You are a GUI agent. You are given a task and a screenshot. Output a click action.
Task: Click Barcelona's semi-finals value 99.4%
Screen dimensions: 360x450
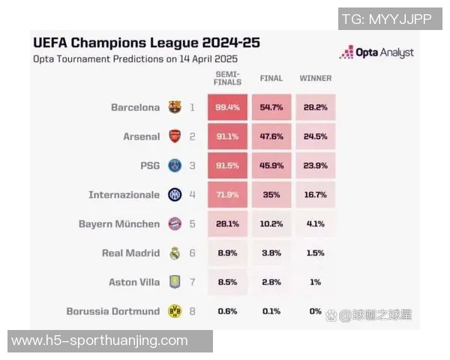(x=227, y=107)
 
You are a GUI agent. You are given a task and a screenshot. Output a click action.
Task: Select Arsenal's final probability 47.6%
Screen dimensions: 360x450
(x=271, y=136)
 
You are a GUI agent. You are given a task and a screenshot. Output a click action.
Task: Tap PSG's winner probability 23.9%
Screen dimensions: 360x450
(x=315, y=166)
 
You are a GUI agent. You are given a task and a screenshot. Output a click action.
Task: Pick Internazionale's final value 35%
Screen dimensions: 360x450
(x=271, y=195)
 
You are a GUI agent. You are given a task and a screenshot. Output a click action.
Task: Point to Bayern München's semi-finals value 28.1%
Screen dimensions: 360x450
(x=227, y=223)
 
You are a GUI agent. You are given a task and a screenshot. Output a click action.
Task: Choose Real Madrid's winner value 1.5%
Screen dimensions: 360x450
(x=315, y=253)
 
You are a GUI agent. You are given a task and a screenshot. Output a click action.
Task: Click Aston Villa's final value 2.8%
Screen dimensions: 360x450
(x=271, y=282)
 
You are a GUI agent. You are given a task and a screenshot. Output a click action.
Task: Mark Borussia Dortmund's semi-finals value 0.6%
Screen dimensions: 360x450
(x=227, y=311)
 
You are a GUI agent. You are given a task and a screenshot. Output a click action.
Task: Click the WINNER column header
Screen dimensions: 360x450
(x=315, y=78)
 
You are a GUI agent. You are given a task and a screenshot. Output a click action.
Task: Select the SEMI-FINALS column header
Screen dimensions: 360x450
(x=227, y=78)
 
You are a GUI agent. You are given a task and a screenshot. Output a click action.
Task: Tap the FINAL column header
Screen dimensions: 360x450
(x=271, y=78)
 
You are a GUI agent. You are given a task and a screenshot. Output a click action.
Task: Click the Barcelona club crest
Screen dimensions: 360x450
(x=175, y=107)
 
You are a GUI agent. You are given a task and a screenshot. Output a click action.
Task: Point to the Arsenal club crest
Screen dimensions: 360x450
(x=175, y=136)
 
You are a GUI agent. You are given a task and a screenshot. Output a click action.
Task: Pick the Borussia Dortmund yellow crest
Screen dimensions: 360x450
(x=175, y=311)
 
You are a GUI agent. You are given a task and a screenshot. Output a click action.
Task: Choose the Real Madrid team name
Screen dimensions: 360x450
(x=130, y=253)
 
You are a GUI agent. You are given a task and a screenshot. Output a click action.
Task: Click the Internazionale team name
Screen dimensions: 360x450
(x=124, y=195)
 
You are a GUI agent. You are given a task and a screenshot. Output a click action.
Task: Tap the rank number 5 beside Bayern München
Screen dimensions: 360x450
(x=192, y=223)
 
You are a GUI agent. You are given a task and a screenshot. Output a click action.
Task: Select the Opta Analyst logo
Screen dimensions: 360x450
(x=376, y=52)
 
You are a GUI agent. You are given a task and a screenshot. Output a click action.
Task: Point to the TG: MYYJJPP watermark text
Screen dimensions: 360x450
(x=386, y=19)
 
